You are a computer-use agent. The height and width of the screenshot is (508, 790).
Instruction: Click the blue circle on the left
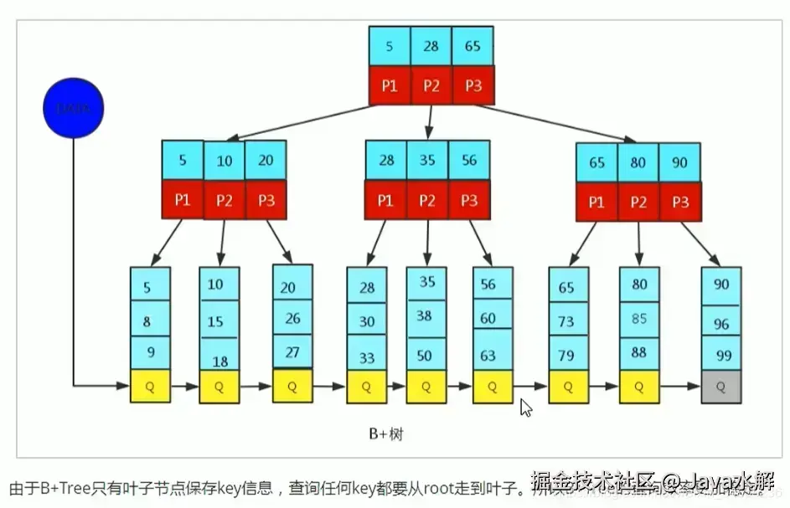74,108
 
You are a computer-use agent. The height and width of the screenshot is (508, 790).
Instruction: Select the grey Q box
721,387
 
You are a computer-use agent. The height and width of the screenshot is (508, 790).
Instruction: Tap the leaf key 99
723,355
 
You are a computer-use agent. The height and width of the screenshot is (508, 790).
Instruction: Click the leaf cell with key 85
639,319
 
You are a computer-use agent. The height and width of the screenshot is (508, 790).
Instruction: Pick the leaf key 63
488,356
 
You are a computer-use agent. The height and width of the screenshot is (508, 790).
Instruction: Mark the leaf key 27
292,352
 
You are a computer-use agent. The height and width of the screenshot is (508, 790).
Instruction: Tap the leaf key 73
567,321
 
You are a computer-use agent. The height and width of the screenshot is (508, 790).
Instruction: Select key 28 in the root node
431,47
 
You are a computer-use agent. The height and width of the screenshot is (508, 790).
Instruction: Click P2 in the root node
431,85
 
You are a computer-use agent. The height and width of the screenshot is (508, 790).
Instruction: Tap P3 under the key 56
469,201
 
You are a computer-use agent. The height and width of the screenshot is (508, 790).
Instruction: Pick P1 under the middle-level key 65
596,202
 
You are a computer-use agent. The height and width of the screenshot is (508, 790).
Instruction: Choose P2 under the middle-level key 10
224,202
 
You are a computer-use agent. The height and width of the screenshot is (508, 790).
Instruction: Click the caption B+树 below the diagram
387,434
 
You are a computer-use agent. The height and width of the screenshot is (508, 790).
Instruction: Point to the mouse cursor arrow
525,408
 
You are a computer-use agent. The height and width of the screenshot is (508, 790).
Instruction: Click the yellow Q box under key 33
367,387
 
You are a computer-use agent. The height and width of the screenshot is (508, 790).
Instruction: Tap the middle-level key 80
638,162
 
